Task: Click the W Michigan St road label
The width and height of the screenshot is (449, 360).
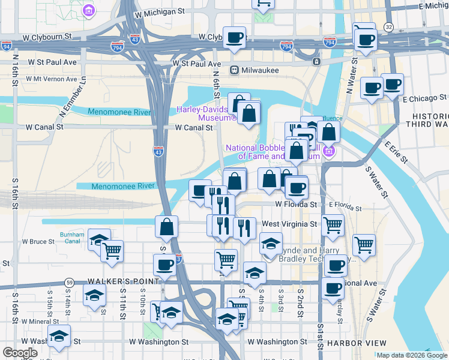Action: tap(160, 11)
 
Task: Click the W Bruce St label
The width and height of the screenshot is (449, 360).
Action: tap(38, 242)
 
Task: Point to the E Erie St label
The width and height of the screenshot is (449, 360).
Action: tap(396, 152)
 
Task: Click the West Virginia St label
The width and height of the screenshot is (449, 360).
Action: tap(289, 224)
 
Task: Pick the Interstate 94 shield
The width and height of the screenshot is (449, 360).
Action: tap(7, 46)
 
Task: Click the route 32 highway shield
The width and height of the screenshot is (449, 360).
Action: tap(388, 28)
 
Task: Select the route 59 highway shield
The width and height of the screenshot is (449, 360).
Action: tap(70, 282)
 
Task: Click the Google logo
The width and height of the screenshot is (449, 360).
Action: tap(20, 353)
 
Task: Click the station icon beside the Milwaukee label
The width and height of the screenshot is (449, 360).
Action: tap(236, 70)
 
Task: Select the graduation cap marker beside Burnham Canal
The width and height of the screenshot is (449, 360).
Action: tap(99, 240)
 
